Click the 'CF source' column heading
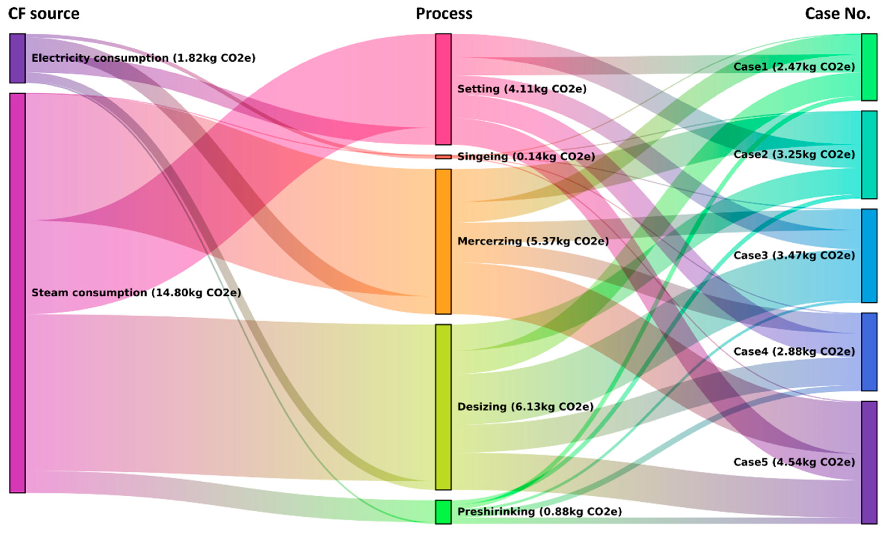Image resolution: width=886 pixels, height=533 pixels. click(44, 14)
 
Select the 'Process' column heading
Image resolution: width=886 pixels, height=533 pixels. click(444, 14)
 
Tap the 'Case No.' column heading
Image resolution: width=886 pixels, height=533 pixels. click(837, 14)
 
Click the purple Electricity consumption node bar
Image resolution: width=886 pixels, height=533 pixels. click(17, 58)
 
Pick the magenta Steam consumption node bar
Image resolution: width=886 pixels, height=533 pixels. click(17, 293)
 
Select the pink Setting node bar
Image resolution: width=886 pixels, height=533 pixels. click(443, 89)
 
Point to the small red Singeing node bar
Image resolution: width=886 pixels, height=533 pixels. click(443, 157)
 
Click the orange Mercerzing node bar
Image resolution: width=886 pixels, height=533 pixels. click(443, 241)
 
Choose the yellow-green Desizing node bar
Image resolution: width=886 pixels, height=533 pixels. click(443, 407)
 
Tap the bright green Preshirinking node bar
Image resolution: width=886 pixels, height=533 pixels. click(443, 512)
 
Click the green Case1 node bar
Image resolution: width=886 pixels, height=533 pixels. click(869, 67)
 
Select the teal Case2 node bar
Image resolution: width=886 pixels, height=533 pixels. click(869, 154)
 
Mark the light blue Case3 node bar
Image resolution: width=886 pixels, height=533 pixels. click(869, 255)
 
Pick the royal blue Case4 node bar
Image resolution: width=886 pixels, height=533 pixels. click(869, 352)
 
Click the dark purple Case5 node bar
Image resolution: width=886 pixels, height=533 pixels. click(869, 462)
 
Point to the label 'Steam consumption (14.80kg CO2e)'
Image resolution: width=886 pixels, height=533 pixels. click(136, 293)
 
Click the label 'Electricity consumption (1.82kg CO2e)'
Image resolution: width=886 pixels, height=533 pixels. click(143, 58)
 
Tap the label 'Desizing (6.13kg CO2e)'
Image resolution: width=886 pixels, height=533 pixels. click(525, 407)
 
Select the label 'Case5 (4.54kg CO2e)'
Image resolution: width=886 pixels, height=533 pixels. click(794, 462)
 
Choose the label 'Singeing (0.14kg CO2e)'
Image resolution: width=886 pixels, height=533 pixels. click(526, 157)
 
